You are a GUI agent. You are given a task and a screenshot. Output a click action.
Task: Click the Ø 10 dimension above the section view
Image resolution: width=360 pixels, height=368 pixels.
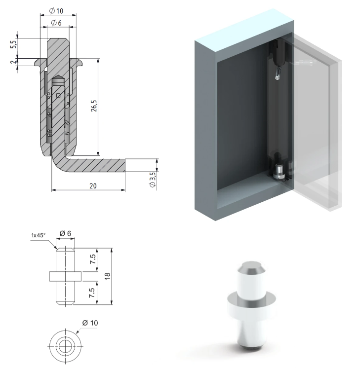(56, 11)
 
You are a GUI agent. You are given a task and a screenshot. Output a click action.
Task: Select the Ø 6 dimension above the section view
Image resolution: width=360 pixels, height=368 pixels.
(56, 23)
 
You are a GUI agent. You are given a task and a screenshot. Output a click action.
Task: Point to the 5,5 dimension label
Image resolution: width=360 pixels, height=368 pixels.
(14, 44)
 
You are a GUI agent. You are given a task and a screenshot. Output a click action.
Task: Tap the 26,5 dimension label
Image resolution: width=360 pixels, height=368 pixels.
(94, 106)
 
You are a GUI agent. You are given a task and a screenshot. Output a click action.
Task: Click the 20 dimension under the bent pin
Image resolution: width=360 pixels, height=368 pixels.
(93, 186)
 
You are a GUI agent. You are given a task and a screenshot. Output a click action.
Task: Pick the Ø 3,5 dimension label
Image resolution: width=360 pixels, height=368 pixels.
(153, 180)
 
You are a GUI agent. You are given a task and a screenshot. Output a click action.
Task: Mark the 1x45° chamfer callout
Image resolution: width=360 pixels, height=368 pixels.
(39, 235)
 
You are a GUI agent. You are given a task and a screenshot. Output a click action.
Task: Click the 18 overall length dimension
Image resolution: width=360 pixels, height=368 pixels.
(107, 276)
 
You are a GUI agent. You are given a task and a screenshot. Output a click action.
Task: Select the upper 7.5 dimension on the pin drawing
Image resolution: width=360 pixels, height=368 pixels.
(93, 259)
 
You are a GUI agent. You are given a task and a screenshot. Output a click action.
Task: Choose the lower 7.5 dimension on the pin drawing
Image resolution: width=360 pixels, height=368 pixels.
(92, 293)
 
